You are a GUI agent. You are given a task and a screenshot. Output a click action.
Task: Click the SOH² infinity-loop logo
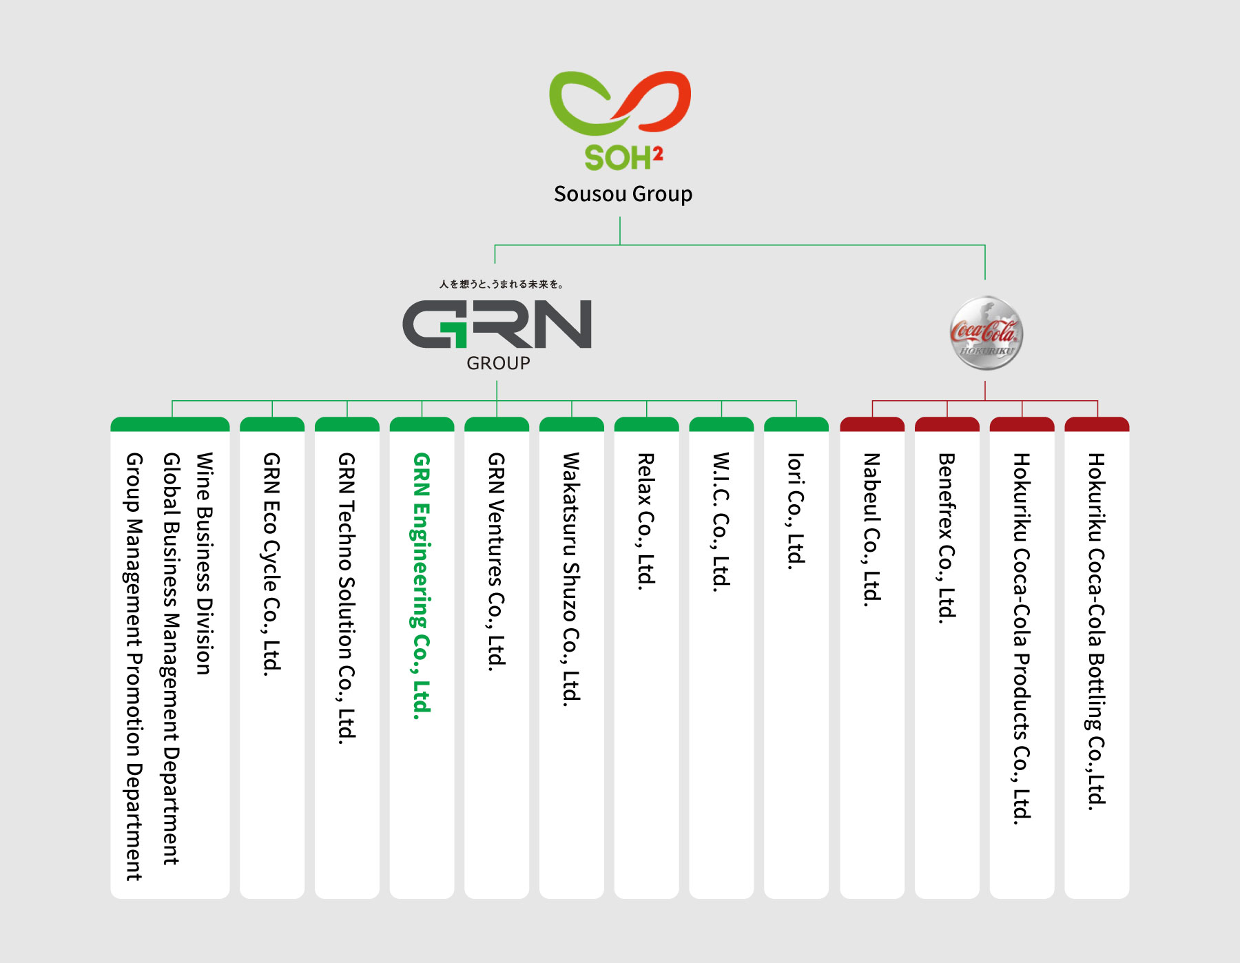[x=620, y=103]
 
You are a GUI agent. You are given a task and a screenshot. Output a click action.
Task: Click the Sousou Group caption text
[x=623, y=194]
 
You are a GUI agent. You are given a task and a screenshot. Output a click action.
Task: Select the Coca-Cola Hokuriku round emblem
[x=986, y=333]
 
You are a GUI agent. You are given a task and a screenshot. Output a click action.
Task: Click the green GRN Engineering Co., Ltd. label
[x=422, y=586]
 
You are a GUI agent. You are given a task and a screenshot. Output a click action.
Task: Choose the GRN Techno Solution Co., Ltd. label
[x=347, y=598]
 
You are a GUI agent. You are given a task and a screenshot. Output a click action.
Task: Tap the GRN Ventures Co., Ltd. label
[x=497, y=561]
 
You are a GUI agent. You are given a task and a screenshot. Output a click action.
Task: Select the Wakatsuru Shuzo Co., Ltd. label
[x=571, y=579]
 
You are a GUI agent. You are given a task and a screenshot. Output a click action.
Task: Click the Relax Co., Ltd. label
[x=646, y=521]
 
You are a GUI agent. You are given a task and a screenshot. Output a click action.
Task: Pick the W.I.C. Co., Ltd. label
[x=721, y=522]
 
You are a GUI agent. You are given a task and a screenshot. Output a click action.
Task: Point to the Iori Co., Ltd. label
[x=796, y=510]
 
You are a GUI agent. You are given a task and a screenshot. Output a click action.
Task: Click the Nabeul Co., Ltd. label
[x=871, y=529]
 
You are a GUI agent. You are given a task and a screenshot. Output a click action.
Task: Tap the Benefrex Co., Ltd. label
[x=947, y=538]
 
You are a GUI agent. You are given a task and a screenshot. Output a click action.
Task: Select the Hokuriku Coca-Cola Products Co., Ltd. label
[x=1022, y=638]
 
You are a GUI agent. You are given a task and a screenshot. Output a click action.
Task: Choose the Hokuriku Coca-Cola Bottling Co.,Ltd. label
[x=1096, y=631]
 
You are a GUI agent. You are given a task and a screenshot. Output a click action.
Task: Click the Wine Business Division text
[x=205, y=563]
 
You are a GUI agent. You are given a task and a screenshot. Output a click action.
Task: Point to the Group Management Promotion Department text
[x=134, y=666]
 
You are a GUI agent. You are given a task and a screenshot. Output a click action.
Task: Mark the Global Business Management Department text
[x=171, y=659]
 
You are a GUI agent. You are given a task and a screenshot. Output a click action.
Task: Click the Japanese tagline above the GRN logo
[x=502, y=284]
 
